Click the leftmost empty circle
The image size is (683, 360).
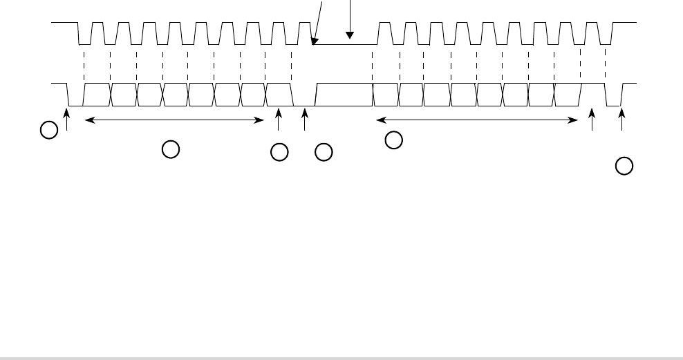tap(48, 129)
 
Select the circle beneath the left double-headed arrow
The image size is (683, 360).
tap(170, 148)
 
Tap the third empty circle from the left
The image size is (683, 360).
tap(279, 153)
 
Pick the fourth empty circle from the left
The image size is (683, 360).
tap(324, 153)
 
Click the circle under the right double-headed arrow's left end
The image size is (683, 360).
tap(393, 140)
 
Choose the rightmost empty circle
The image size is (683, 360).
tap(624, 166)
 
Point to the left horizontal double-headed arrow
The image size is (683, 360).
tap(174, 120)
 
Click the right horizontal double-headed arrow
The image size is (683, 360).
tap(476, 120)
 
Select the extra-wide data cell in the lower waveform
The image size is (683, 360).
tap(344, 95)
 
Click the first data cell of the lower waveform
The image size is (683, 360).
tap(97, 95)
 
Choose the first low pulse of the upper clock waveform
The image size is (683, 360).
tap(84, 35)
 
